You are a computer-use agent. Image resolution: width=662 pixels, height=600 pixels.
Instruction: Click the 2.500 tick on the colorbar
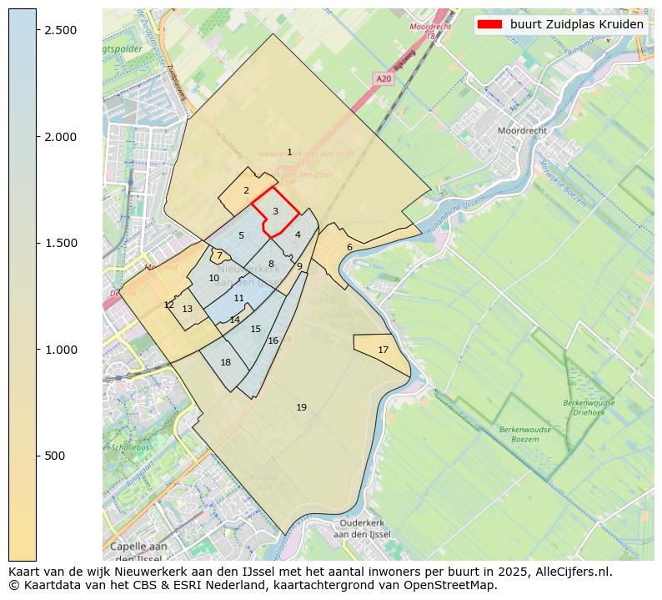click(x=37, y=30)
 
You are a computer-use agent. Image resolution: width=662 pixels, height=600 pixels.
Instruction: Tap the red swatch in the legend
click(x=489, y=24)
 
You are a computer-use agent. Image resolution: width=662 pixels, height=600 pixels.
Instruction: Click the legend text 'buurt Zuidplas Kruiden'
click(x=576, y=24)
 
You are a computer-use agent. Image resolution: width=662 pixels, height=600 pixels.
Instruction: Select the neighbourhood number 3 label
click(x=275, y=212)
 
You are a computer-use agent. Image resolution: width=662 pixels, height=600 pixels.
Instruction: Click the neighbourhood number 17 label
click(x=383, y=350)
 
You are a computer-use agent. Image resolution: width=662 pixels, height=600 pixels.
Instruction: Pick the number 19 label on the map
click(x=301, y=407)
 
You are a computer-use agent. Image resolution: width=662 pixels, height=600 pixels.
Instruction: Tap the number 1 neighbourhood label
click(x=289, y=152)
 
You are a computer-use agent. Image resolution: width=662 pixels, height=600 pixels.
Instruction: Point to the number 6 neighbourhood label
click(x=349, y=247)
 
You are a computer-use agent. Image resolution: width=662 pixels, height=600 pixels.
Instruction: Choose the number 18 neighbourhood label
click(x=225, y=362)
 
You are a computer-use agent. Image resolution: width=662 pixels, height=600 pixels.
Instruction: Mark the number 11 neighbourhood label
click(x=239, y=298)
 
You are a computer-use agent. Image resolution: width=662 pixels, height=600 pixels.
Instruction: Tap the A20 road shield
click(x=383, y=78)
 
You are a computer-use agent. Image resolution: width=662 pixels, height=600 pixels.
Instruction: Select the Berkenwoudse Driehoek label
click(x=589, y=407)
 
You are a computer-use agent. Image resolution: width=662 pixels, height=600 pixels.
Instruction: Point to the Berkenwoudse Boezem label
click(x=525, y=434)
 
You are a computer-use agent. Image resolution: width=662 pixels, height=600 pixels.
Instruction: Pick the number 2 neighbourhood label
click(x=246, y=190)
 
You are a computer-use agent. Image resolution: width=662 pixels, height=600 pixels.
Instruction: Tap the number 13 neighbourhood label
click(x=188, y=309)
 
